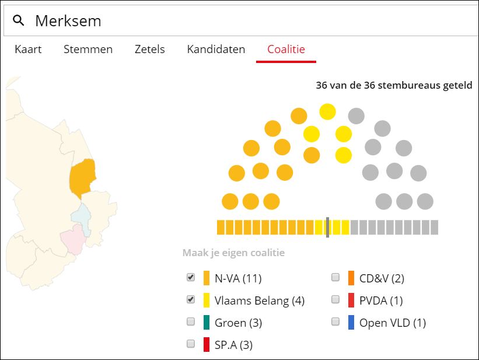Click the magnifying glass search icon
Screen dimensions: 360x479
[x=19, y=21]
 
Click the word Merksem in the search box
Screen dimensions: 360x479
[x=68, y=21]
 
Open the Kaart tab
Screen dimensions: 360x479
[x=28, y=50]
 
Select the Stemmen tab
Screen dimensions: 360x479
[x=88, y=50]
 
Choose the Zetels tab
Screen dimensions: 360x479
[x=149, y=50]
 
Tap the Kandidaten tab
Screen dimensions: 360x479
[x=216, y=50]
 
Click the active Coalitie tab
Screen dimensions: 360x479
[x=286, y=50]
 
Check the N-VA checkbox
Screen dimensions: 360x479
[x=191, y=277]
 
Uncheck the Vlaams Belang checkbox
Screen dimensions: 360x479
[x=191, y=300]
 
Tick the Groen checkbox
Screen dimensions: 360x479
[x=191, y=321]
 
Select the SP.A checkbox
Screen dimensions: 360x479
[x=191, y=344]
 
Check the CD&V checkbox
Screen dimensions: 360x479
[x=335, y=277]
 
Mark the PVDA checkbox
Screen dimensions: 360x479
[x=335, y=300]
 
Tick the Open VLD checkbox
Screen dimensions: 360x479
[x=335, y=321]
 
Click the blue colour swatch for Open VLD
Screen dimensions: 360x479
[x=351, y=322]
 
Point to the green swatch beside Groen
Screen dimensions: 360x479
[x=207, y=322]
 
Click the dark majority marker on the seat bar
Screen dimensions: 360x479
[x=328, y=227]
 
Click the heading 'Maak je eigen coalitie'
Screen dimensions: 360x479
[x=233, y=253]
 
